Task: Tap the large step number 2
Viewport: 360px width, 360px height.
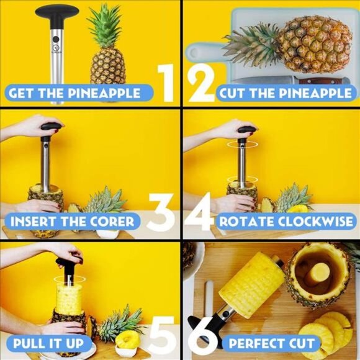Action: [x=200, y=84]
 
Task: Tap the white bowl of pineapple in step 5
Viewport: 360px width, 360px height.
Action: [x=128, y=341]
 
